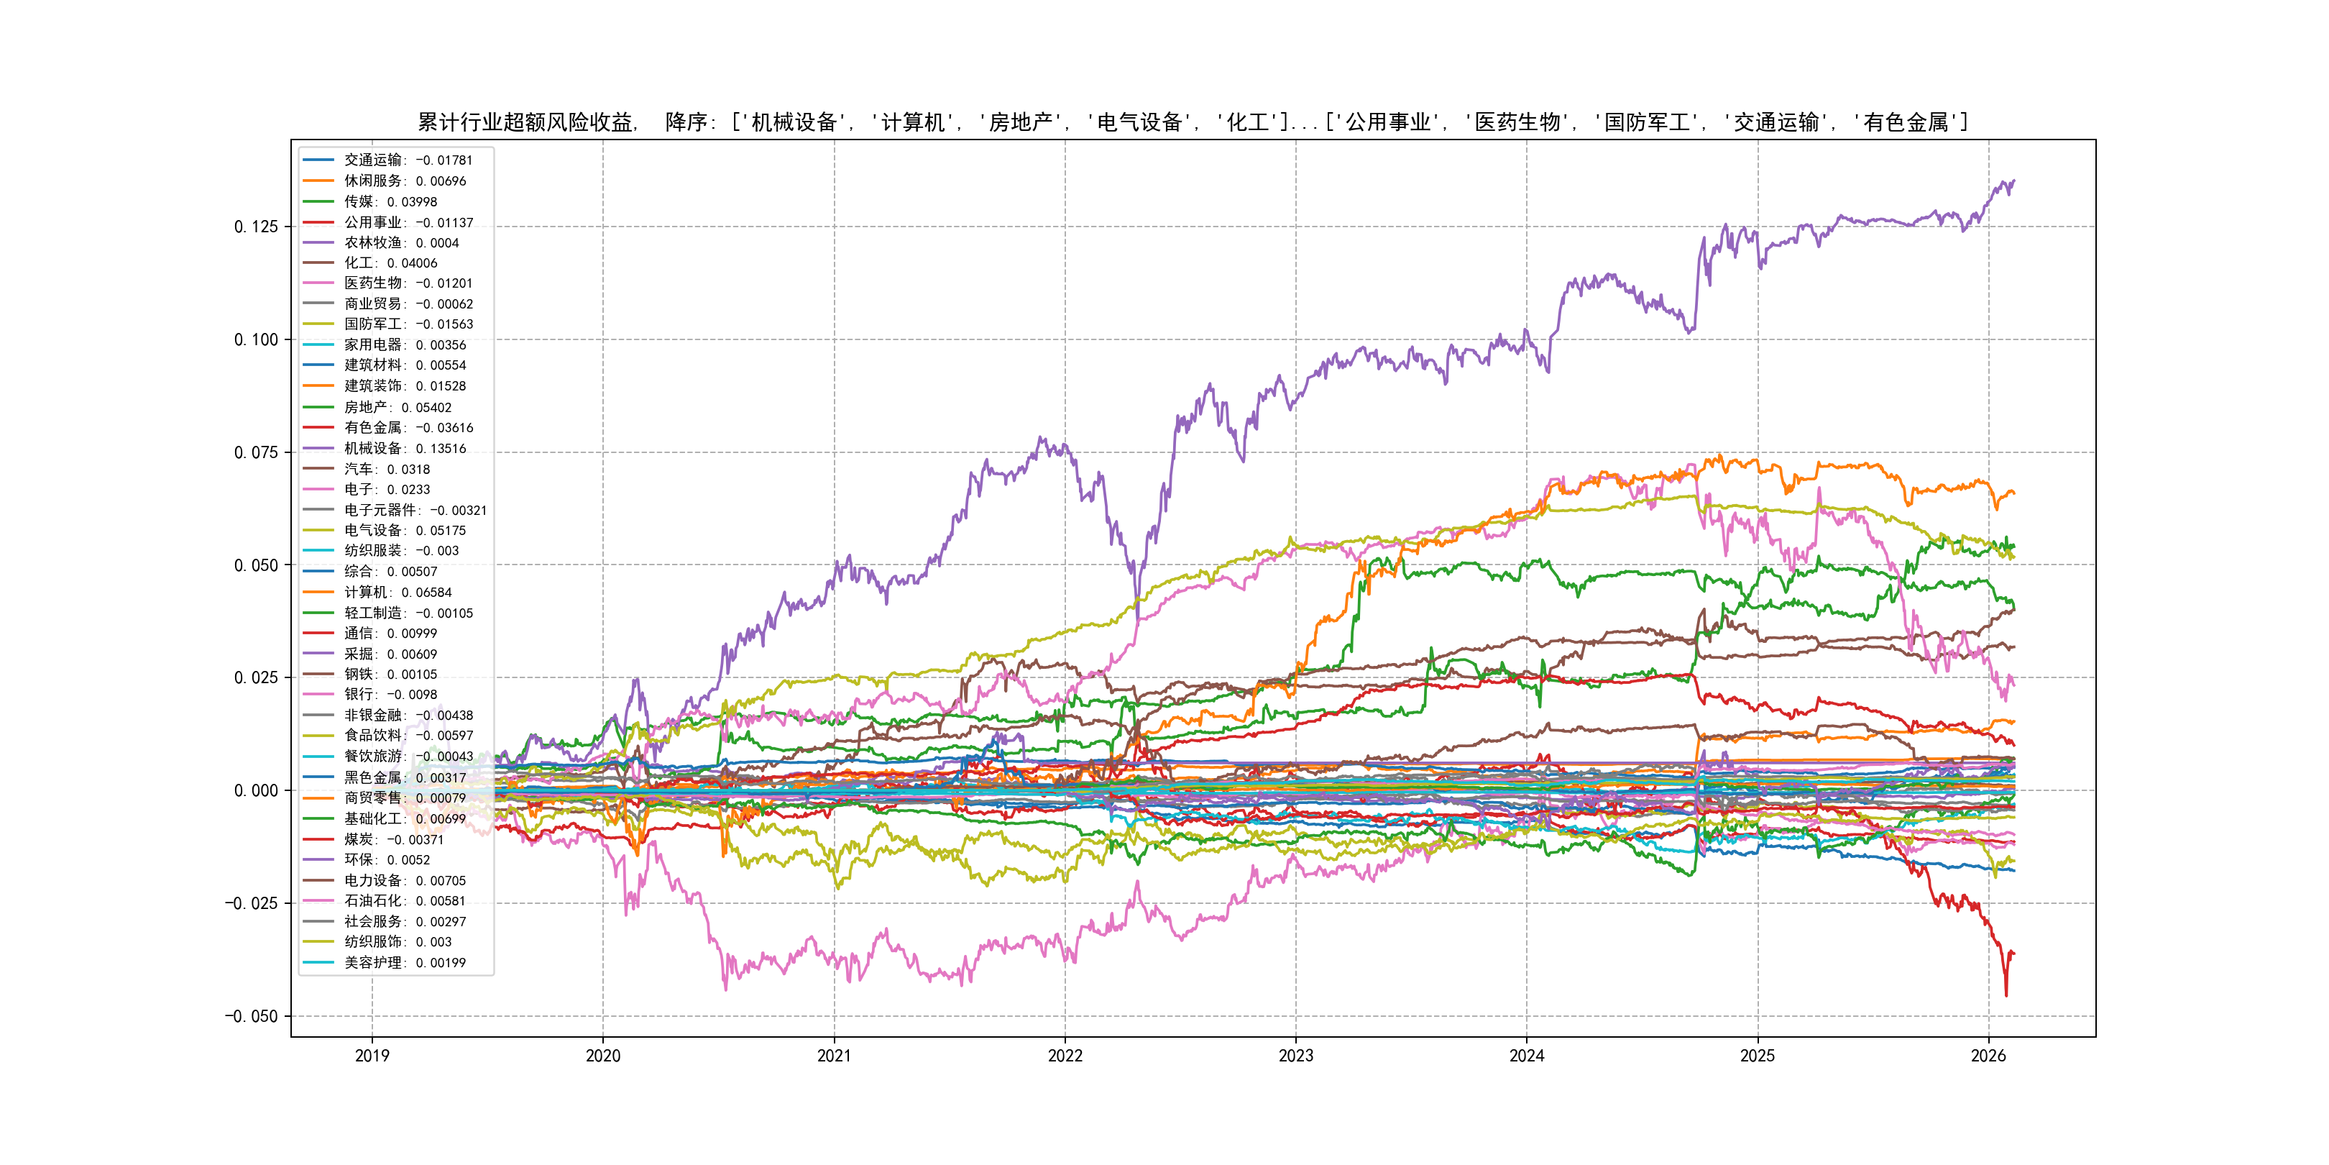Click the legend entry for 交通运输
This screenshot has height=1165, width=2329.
pos(408,160)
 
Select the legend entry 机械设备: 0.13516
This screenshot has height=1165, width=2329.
pos(405,449)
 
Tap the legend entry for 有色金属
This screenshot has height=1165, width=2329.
pos(408,428)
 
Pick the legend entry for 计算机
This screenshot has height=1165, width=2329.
pos(398,593)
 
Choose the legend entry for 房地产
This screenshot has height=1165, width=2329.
pos(398,408)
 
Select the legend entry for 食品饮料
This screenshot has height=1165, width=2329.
pos(408,736)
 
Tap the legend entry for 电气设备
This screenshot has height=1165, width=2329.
pos(405,531)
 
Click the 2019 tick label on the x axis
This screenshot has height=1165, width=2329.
pos(372,1056)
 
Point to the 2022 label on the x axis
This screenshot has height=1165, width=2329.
pos(1065,1056)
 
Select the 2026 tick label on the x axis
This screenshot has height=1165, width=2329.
pos(1988,1056)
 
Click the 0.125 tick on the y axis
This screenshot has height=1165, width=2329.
pos(256,227)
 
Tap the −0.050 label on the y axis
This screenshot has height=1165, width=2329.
pos(252,1017)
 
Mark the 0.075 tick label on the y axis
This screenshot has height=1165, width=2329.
pos(256,453)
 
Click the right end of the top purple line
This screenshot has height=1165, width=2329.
pos(2013,182)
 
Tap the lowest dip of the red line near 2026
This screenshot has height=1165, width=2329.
pos(2006,996)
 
